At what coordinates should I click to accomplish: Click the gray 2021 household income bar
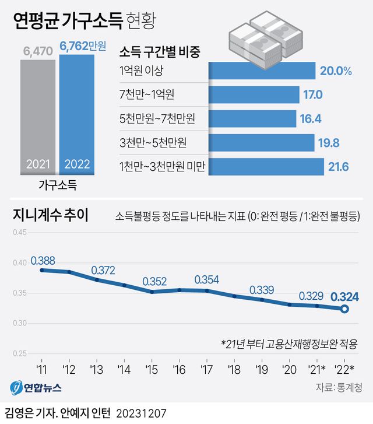[x=38, y=117]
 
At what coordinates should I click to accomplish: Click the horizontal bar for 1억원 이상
[x=262, y=72]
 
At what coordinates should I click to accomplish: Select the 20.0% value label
[x=335, y=72]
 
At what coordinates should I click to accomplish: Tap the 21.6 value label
[x=338, y=167]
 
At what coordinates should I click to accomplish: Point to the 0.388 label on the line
[x=43, y=259]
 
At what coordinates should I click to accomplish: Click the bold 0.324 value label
[x=344, y=296]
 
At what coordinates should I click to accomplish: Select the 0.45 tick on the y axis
[x=19, y=233]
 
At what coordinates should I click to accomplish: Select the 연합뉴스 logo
[x=35, y=387]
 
